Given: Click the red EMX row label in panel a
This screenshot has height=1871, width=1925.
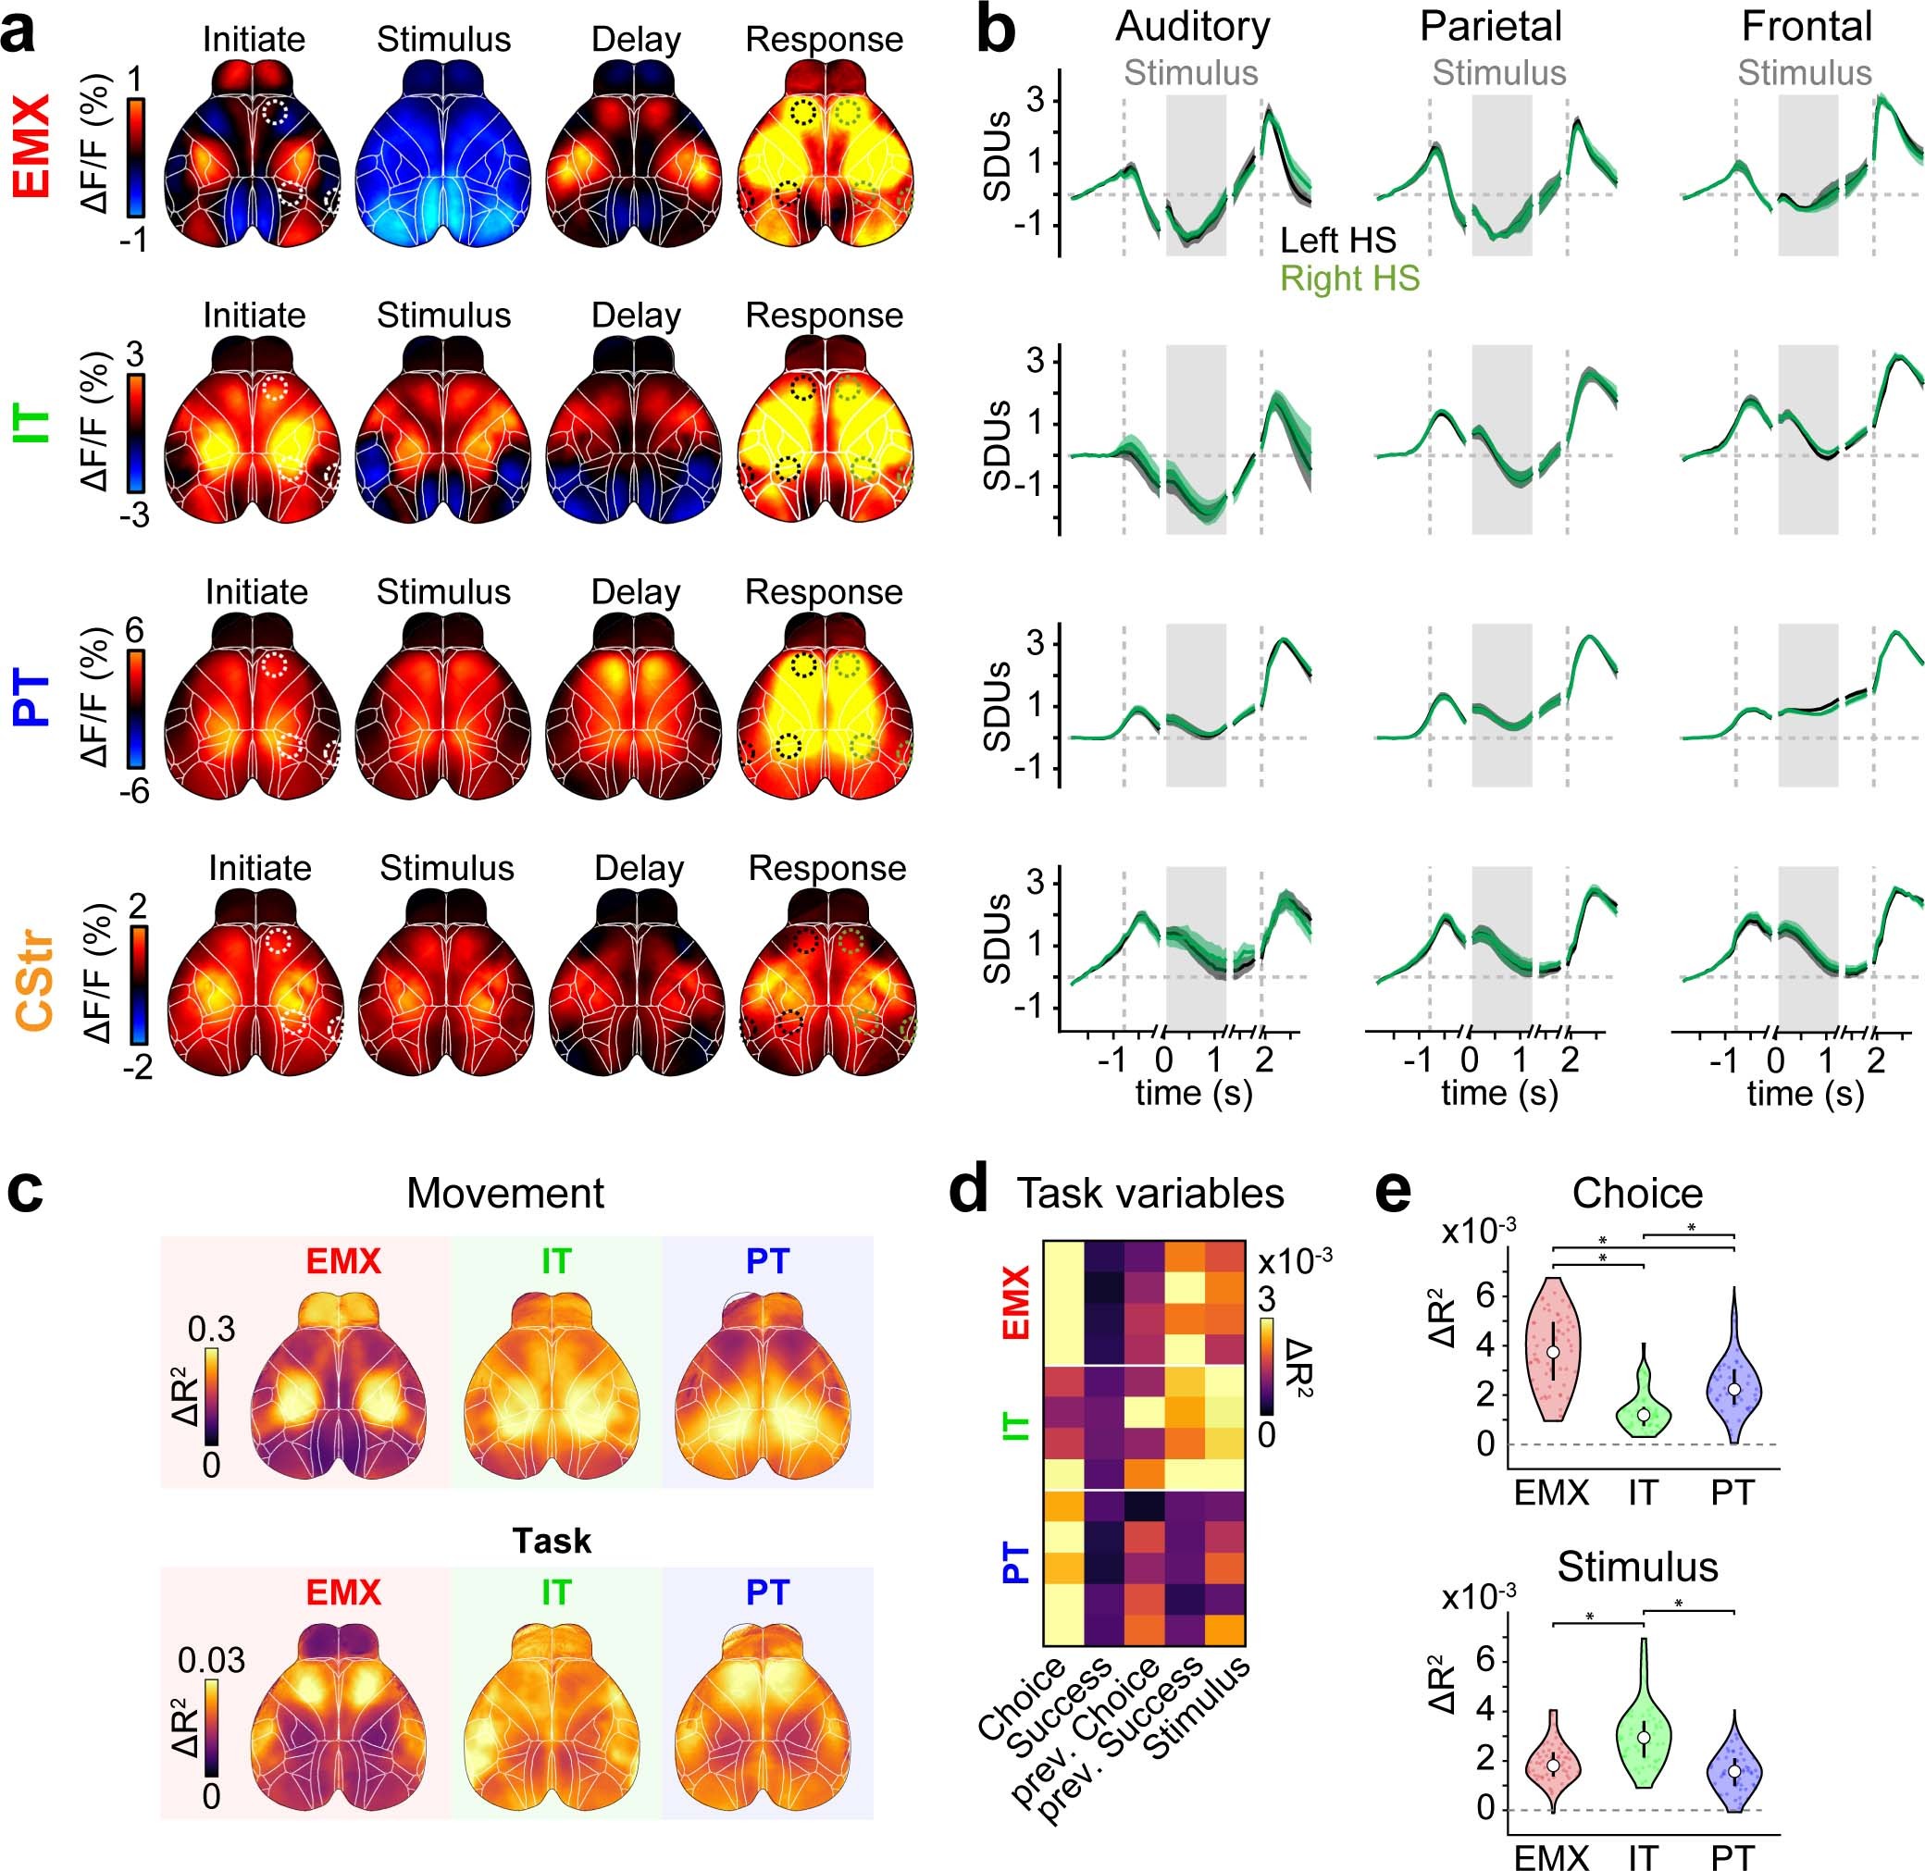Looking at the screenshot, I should click(x=31, y=145).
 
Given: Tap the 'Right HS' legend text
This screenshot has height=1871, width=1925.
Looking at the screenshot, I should click(x=1349, y=279).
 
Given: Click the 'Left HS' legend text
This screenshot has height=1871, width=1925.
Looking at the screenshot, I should click(x=1337, y=241).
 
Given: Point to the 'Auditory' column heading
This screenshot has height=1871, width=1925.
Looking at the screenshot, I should click(x=1192, y=28).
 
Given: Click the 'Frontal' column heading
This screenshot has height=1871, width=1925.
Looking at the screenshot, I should click(x=1807, y=28).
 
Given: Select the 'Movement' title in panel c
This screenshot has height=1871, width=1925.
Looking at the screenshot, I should click(x=505, y=1194).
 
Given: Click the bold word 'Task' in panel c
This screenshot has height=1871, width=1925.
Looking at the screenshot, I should click(x=552, y=1541).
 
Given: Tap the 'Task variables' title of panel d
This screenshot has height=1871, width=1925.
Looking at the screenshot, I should click(x=1149, y=1194).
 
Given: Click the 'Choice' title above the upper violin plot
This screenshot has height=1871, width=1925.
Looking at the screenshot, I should click(x=1637, y=1194).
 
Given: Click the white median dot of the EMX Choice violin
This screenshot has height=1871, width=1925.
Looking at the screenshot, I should click(x=1553, y=1352).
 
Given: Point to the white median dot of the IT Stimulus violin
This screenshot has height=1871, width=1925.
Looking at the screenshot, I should click(x=1643, y=1738).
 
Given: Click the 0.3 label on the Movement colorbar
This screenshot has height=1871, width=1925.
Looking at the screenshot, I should click(x=211, y=1330).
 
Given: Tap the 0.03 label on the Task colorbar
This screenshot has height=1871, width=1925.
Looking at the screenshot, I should click(x=210, y=1662).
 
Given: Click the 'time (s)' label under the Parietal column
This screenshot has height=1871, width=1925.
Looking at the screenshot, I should click(x=1498, y=1094).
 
